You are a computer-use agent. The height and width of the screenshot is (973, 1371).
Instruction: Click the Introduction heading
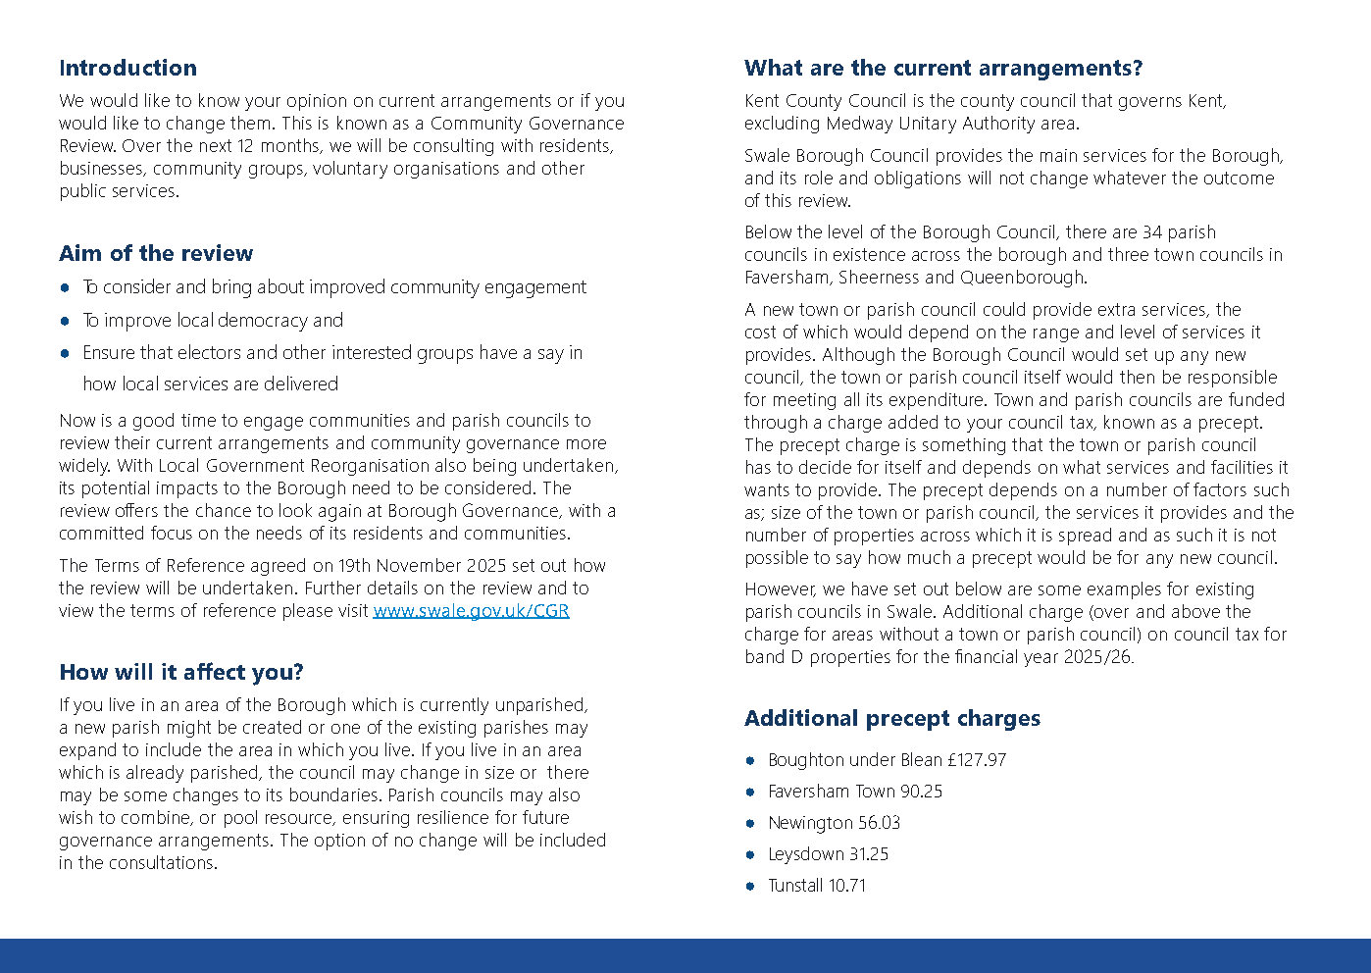[127, 68]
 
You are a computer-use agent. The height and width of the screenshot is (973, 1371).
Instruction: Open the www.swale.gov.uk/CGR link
[471, 610]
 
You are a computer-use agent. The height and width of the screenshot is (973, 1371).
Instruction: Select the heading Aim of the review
[156, 253]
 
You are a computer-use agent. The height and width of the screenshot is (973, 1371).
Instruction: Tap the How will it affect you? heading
[181, 672]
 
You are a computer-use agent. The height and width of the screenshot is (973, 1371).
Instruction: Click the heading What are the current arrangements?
[943, 68]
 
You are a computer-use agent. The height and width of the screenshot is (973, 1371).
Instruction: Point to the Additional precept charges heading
[892, 718]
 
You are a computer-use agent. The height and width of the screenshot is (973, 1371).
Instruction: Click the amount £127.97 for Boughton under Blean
[977, 759]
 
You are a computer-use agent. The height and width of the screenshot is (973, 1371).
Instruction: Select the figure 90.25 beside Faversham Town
[921, 791]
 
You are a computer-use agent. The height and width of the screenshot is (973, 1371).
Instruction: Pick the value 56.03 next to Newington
[879, 822]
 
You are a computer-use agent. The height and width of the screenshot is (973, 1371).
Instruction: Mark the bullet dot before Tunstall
[750, 886]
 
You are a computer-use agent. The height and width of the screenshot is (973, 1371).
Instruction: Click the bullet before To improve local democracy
[65, 321]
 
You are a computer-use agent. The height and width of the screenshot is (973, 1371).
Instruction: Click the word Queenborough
[1023, 277]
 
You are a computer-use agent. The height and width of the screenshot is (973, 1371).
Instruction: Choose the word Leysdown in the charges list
[806, 853]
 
